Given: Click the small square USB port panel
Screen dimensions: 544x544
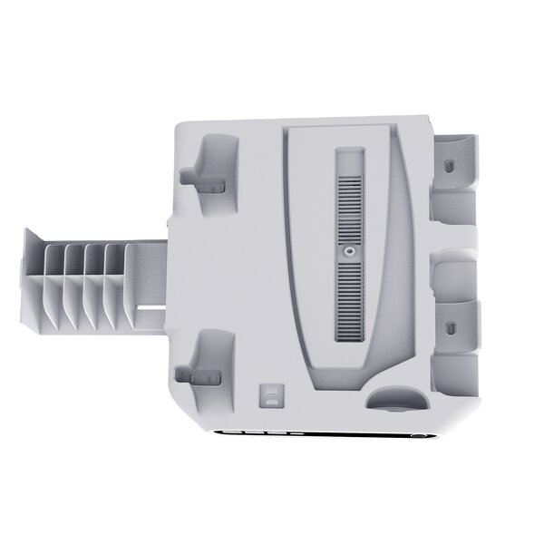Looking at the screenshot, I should coord(269,395).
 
